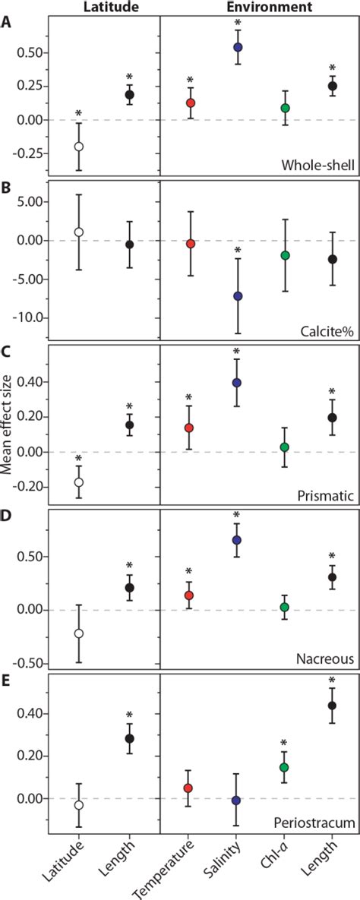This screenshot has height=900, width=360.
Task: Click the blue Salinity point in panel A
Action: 238,47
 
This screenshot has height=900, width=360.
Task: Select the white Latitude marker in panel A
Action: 78,147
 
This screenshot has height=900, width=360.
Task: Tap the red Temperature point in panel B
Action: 191,244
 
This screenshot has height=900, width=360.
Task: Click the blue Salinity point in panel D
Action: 238,540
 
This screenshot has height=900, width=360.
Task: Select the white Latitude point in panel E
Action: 78,804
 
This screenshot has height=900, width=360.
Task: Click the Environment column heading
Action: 260,7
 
